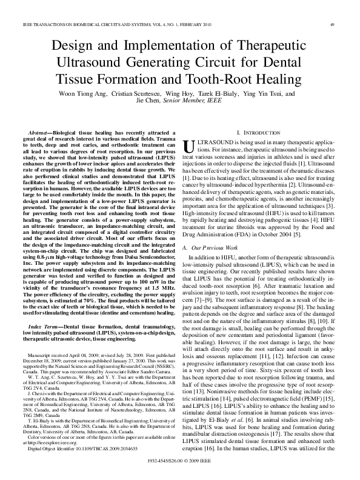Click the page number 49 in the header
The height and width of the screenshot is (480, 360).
(333, 25)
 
